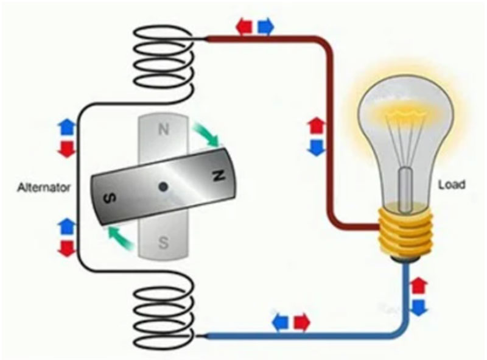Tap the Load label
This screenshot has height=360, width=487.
click(x=451, y=184)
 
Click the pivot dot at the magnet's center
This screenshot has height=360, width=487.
click(x=163, y=187)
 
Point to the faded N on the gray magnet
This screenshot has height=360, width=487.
click(x=163, y=129)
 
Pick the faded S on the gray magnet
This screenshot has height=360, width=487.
click(x=163, y=243)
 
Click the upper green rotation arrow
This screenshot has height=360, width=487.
click(x=206, y=135)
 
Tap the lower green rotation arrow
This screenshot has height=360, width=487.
click(x=121, y=237)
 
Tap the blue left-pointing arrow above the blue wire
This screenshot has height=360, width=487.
click(x=281, y=322)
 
